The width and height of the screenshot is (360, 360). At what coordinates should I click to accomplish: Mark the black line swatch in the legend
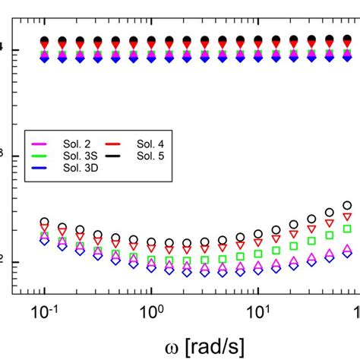click(x=115, y=156)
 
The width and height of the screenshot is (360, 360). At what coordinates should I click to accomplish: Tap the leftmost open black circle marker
click(x=45, y=223)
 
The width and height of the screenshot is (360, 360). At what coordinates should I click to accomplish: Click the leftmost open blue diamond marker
click(x=45, y=242)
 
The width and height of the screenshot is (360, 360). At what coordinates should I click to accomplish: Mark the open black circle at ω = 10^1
click(x=258, y=235)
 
